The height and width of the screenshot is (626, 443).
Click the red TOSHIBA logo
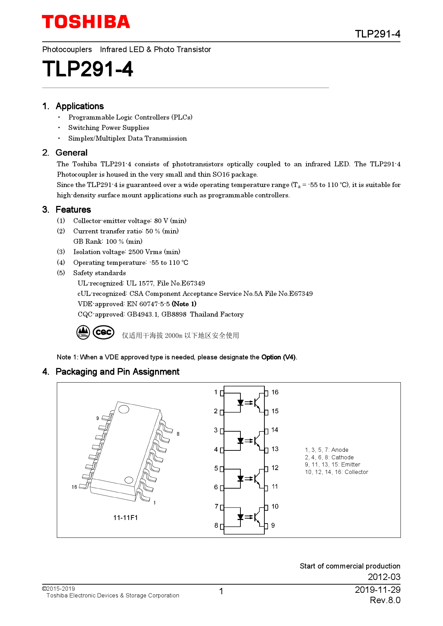click(x=86, y=22)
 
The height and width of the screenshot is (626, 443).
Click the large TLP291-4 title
click(x=88, y=69)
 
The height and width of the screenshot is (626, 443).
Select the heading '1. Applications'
click(x=73, y=106)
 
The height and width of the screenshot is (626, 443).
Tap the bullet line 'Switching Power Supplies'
click(x=109, y=128)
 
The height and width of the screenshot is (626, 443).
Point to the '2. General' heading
click(x=65, y=153)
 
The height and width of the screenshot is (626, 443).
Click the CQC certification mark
click(x=104, y=332)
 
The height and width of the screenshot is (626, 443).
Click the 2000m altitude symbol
click(x=83, y=332)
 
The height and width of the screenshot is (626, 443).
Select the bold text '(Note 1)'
click(x=184, y=304)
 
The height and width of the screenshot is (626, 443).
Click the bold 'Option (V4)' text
click(x=278, y=357)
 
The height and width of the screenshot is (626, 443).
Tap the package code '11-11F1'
click(x=125, y=518)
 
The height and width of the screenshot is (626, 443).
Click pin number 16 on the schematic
click(x=275, y=392)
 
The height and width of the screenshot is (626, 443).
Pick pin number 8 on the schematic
click(x=216, y=525)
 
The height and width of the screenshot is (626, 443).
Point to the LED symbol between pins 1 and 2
click(x=240, y=403)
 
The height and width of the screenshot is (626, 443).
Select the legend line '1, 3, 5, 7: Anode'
click(x=327, y=450)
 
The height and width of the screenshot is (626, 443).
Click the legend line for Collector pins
click(x=336, y=472)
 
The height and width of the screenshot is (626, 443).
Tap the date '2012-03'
click(x=384, y=577)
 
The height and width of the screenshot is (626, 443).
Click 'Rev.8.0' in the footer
click(x=385, y=600)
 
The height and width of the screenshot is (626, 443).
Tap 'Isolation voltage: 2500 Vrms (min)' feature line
click(x=126, y=252)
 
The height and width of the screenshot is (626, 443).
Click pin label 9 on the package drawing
click(x=98, y=418)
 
